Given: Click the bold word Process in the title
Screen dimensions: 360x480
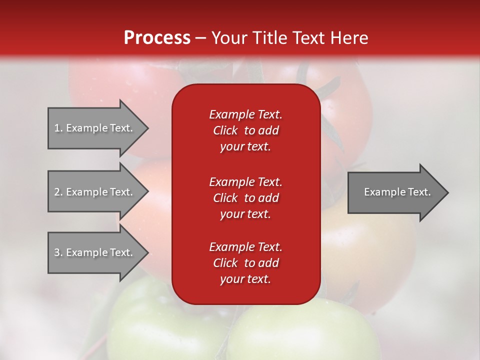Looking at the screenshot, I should pos(157,38).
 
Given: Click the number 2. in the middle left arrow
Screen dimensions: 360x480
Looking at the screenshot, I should pos(58,192).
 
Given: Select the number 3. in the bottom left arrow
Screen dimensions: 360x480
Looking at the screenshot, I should pos(58,252).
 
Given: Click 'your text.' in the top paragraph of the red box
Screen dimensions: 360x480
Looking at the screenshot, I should pos(245,146).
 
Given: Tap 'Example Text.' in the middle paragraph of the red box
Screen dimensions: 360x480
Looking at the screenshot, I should pos(245,181).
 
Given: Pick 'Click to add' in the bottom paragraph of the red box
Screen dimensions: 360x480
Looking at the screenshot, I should pos(245,263).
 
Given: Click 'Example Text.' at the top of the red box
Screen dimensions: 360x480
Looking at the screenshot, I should pos(245,114).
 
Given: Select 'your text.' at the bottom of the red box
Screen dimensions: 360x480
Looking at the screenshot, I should pos(245,279).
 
